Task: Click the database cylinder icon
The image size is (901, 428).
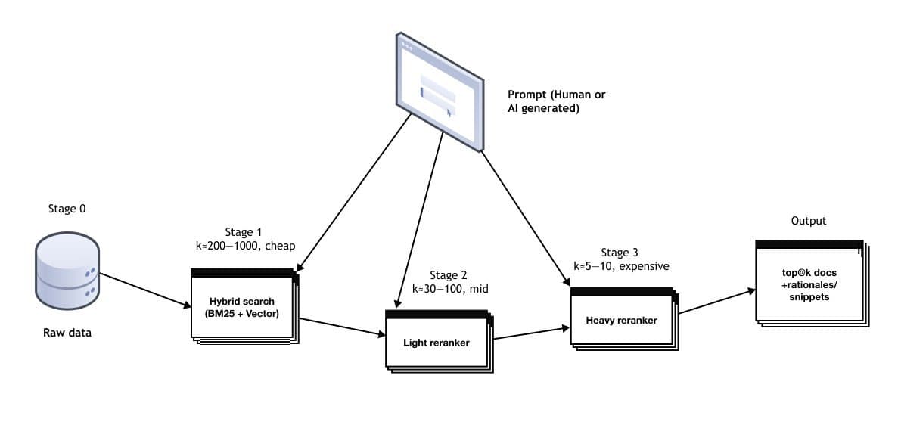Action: (67, 269)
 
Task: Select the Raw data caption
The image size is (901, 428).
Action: (67, 332)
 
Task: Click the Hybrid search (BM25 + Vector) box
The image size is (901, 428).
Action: (243, 306)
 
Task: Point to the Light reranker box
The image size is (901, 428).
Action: (437, 343)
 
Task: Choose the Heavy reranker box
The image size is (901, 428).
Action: (622, 320)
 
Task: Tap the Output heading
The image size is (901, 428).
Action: (809, 221)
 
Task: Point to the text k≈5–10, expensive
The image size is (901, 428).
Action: (621, 266)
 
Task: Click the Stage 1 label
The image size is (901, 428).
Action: (244, 231)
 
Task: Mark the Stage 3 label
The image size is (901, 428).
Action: (620, 253)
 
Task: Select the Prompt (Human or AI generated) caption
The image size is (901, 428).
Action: (556, 101)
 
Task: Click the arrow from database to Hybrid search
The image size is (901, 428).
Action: (145, 290)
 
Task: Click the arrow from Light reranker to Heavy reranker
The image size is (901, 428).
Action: (530, 333)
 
